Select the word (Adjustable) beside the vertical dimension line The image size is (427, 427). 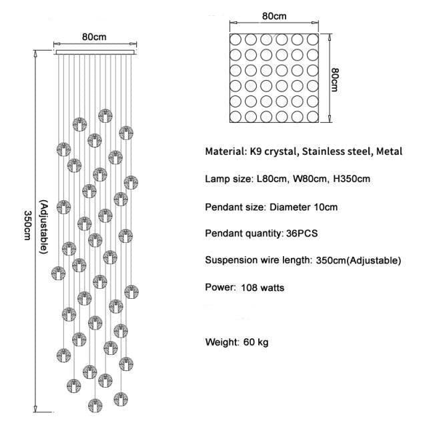pos(43,228)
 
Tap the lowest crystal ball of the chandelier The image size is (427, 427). pos(95,405)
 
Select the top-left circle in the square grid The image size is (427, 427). pos(237,39)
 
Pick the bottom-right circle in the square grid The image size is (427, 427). pos(314,117)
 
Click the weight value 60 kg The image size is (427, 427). pos(256,342)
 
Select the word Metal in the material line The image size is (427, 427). pos(389,151)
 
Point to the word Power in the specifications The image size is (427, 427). pos(220,288)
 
